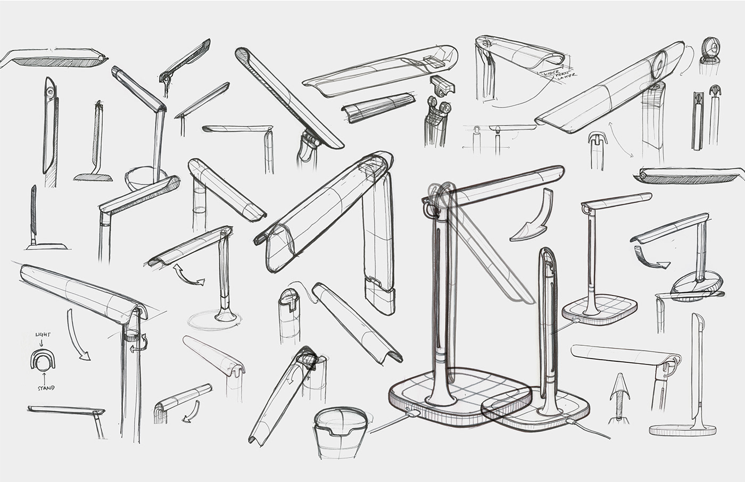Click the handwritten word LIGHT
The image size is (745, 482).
tap(43, 334)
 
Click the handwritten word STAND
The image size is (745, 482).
tap(46, 388)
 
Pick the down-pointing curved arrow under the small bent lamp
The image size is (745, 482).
tap(189, 411)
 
